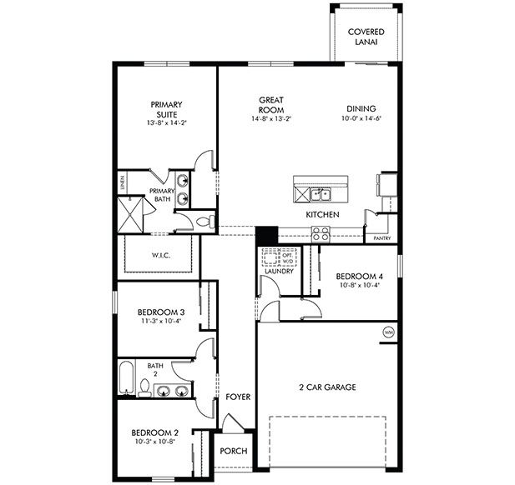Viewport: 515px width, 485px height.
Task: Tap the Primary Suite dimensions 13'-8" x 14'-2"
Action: [167, 123]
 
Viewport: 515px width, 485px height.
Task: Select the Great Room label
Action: [271, 104]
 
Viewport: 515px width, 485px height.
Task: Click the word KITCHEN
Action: [322, 215]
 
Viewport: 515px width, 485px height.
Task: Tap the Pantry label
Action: [382, 238]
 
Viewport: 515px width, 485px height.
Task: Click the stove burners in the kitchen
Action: [320, 235]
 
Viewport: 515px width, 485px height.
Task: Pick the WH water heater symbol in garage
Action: [388, 332]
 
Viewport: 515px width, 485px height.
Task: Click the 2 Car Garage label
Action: [328, 387]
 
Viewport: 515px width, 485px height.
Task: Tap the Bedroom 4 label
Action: [360, 276]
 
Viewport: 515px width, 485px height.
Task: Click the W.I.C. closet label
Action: [161, 255]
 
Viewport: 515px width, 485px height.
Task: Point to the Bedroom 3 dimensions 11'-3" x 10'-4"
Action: [161, 322]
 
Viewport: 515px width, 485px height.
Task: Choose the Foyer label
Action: [238, 397]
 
